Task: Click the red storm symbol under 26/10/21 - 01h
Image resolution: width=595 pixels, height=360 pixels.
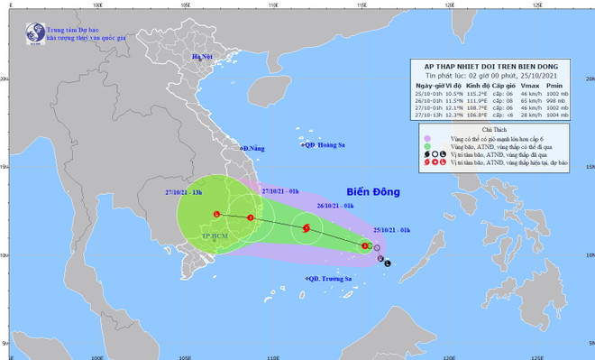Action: (306, 228)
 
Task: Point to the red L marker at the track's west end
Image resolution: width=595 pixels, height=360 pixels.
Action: (216, 214)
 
